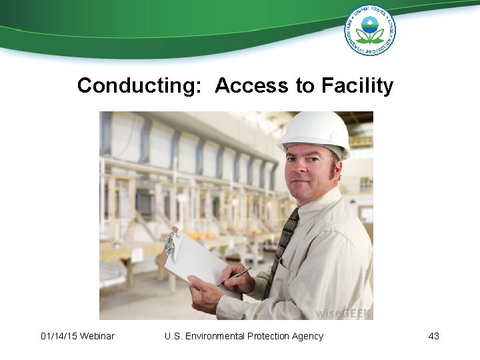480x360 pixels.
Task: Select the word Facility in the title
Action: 357,86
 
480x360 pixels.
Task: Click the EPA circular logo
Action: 370,30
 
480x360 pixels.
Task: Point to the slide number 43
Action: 433,336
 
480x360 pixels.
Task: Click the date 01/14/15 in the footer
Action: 58,336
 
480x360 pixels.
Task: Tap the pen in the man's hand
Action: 234,276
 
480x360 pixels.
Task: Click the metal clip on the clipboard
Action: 170,245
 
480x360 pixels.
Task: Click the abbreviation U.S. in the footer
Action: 173,336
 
